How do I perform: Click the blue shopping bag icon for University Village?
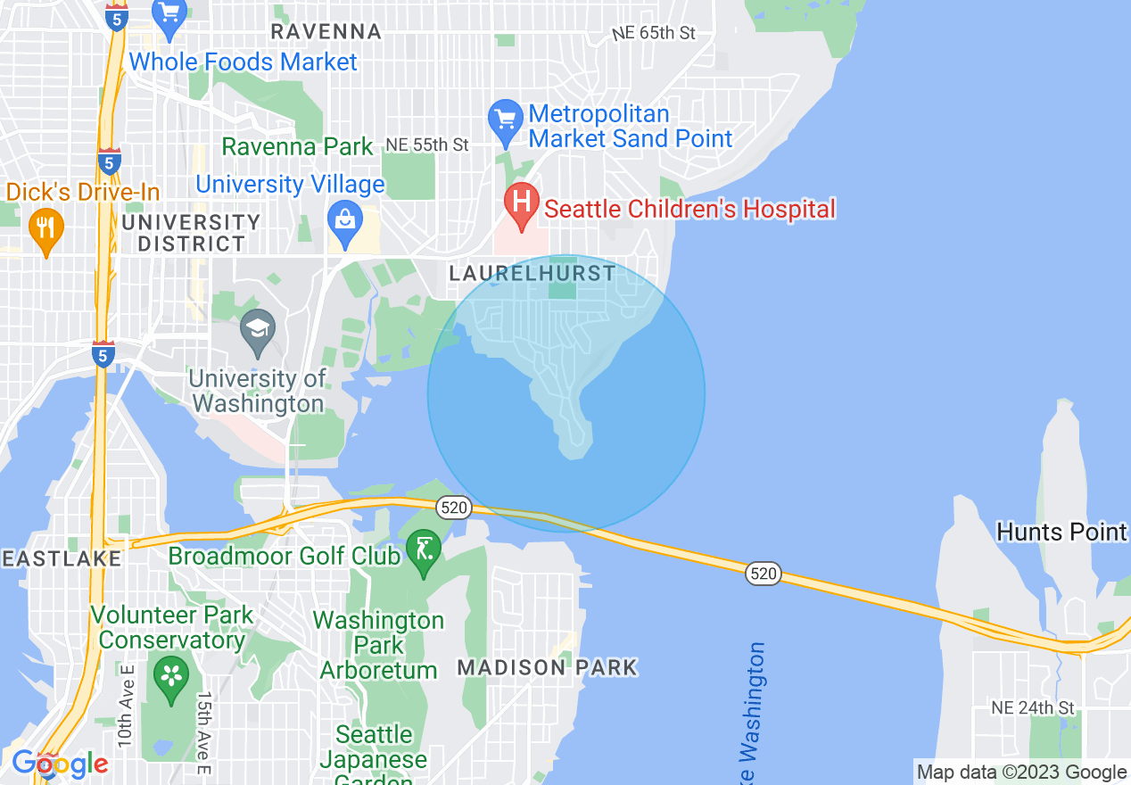(343, 219)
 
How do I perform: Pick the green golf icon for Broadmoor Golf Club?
(424, 549)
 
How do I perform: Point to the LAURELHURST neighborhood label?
(532, 273)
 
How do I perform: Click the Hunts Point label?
(1061, 533)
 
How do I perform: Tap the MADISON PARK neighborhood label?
(547, 667)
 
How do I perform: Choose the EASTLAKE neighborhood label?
(60, 559)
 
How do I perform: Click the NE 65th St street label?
(654, 33)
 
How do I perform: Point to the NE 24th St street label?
(1033, 708)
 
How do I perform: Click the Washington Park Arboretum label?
(378, 645)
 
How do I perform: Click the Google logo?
(60, 764)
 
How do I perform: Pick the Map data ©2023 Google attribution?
(1022, 773)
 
